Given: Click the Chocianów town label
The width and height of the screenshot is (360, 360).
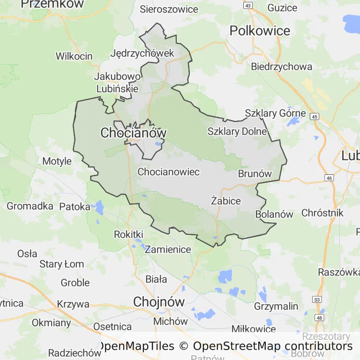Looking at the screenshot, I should click(133, 133).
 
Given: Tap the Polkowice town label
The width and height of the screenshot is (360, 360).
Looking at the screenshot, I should click(260, 31).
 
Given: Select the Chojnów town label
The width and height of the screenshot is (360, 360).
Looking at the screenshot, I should click(159, 301).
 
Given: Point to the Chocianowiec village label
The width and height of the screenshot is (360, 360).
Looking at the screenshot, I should click(168, 172).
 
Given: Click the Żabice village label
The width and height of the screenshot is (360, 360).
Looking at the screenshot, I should click(225, 201).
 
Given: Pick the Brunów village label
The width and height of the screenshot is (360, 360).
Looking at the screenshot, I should click(255, 174).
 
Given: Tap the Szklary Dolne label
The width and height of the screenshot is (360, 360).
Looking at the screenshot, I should click(237, 131).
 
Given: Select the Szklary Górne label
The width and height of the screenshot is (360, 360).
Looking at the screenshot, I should click(275, 113).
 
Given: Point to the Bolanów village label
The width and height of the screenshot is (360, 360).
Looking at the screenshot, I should click(274, 214).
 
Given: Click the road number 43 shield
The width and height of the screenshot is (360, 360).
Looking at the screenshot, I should click(248, 5).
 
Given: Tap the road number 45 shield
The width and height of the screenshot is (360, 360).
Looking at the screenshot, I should click(314, 117).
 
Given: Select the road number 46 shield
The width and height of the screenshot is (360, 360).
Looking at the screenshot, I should click(330, 178).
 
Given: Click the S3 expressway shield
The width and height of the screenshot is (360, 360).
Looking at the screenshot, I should click(318, 299).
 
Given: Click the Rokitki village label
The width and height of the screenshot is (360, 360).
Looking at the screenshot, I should click(128, 234).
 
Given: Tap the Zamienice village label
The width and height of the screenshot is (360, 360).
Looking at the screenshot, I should click(168, 249).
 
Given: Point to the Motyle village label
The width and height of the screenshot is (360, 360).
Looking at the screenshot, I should click(57, 161).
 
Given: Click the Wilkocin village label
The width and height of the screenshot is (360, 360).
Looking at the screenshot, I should click(74, 56).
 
